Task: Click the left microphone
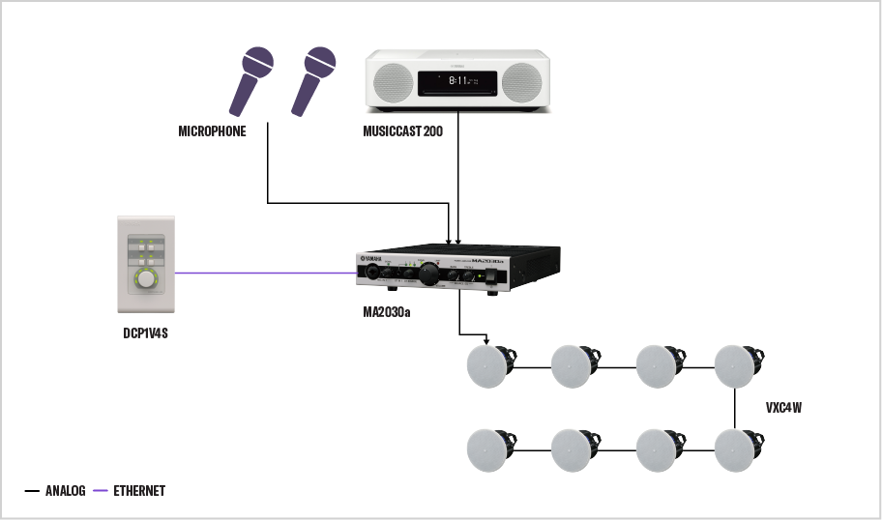tap(250, 82)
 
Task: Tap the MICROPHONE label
tap(212, 131)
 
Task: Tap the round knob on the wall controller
tap(145, 281)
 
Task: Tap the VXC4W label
tap(783, 408)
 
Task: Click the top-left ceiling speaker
tap(487, 366)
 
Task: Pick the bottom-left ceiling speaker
tap(487, 450)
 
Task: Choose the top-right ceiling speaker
tap(736, 366)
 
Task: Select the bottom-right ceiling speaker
tap(736, 450)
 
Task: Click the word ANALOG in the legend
tap(65, 491)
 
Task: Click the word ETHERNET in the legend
tap(138, 491)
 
